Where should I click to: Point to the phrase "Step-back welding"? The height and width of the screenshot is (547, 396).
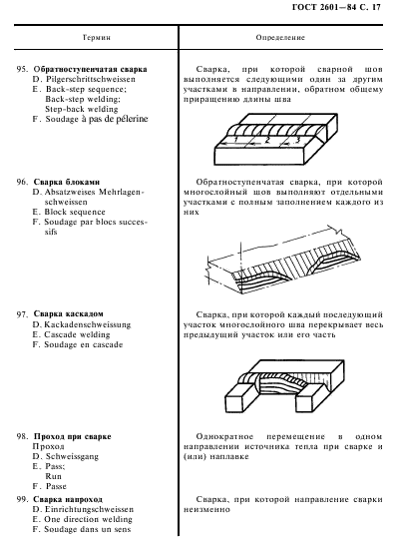click(x=85, y=109)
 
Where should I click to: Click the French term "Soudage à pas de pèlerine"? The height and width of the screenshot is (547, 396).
click(x=96, y=120)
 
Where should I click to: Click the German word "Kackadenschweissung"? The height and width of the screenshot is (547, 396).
click(x=87, y=323)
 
